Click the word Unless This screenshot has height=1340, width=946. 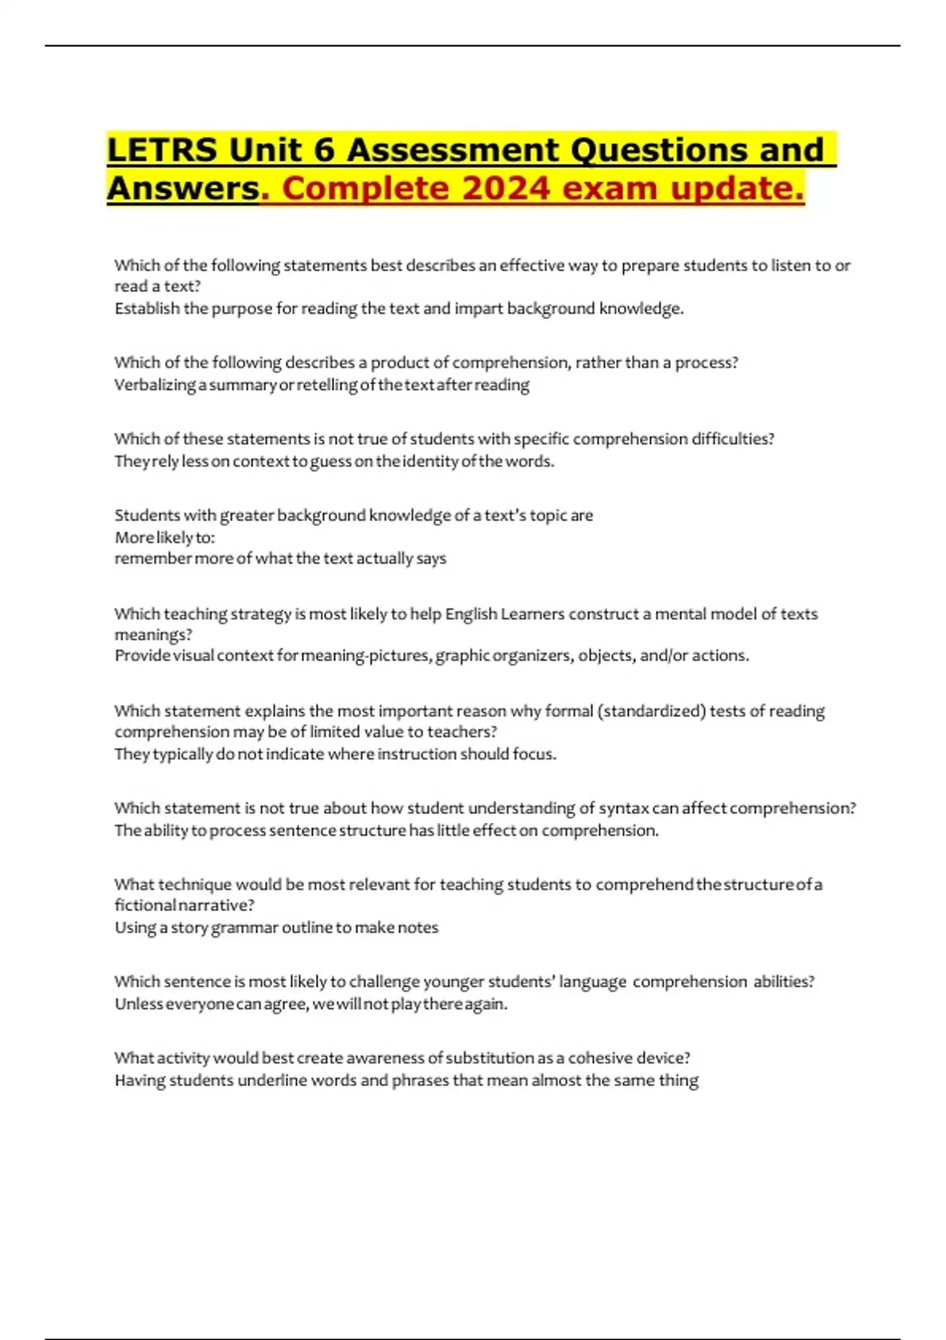[138, 1004]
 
